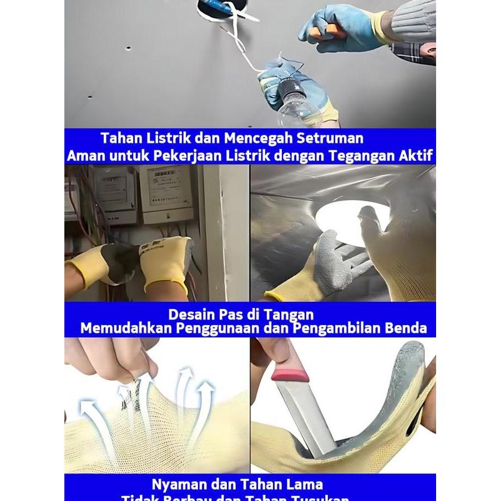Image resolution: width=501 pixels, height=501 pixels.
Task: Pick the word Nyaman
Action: (176, 484)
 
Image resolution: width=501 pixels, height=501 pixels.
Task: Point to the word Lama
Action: (302, 484)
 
